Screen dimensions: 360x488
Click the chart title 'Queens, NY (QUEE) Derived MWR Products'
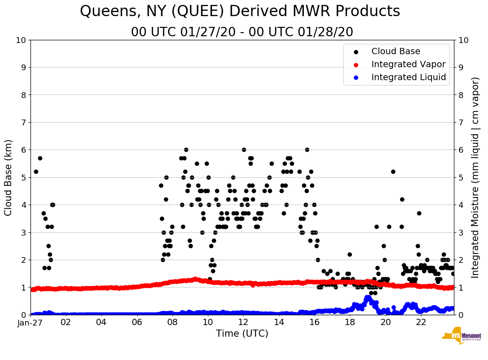point(240,11)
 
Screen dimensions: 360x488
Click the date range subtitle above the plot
point(242,32)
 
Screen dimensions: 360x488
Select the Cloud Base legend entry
point(396,51)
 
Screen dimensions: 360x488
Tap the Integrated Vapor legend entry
point(408,64)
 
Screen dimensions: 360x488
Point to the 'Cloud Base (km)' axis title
point(9,177)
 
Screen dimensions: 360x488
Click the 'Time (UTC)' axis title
point(242,334)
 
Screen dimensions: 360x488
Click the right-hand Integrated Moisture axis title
point(475,177)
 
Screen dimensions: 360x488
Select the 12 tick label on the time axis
point(243,322)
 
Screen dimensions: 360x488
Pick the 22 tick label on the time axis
point(421,322)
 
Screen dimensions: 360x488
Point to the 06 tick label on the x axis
point(137,322)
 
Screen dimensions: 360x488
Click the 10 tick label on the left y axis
point(21,40)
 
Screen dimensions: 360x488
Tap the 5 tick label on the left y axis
point(23,177)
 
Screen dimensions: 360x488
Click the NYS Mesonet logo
point(461,338)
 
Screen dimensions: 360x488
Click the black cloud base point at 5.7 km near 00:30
point(40,158)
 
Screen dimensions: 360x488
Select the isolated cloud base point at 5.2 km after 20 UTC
point(393,171)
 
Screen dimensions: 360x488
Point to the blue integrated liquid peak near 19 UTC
point(368,297)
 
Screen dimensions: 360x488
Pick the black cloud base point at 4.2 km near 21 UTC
point(402,199)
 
